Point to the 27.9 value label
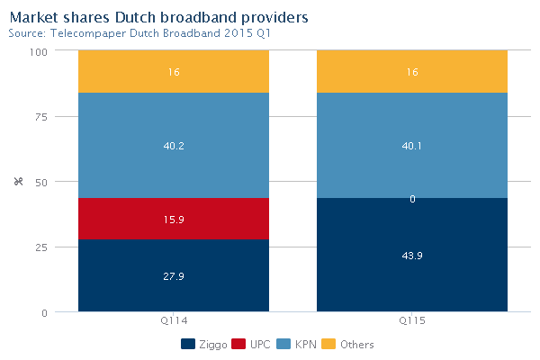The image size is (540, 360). [x=174, y=275]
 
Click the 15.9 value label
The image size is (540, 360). [x=174, y=219]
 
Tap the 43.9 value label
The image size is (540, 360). [x=412, y=256]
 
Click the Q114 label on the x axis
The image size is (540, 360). [x=174, y=321]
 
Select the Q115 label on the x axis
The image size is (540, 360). [x=412, y=321]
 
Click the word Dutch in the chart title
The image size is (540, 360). [x=139, y=16]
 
